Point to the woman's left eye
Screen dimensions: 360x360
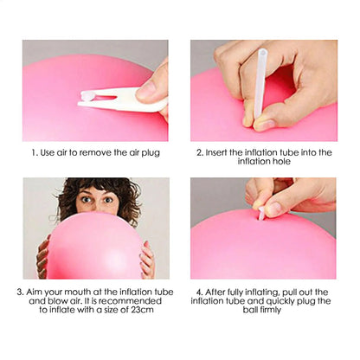tap(110, 202)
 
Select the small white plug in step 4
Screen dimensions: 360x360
tap(261, 213)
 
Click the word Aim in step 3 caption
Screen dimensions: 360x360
tap(36, 292)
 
